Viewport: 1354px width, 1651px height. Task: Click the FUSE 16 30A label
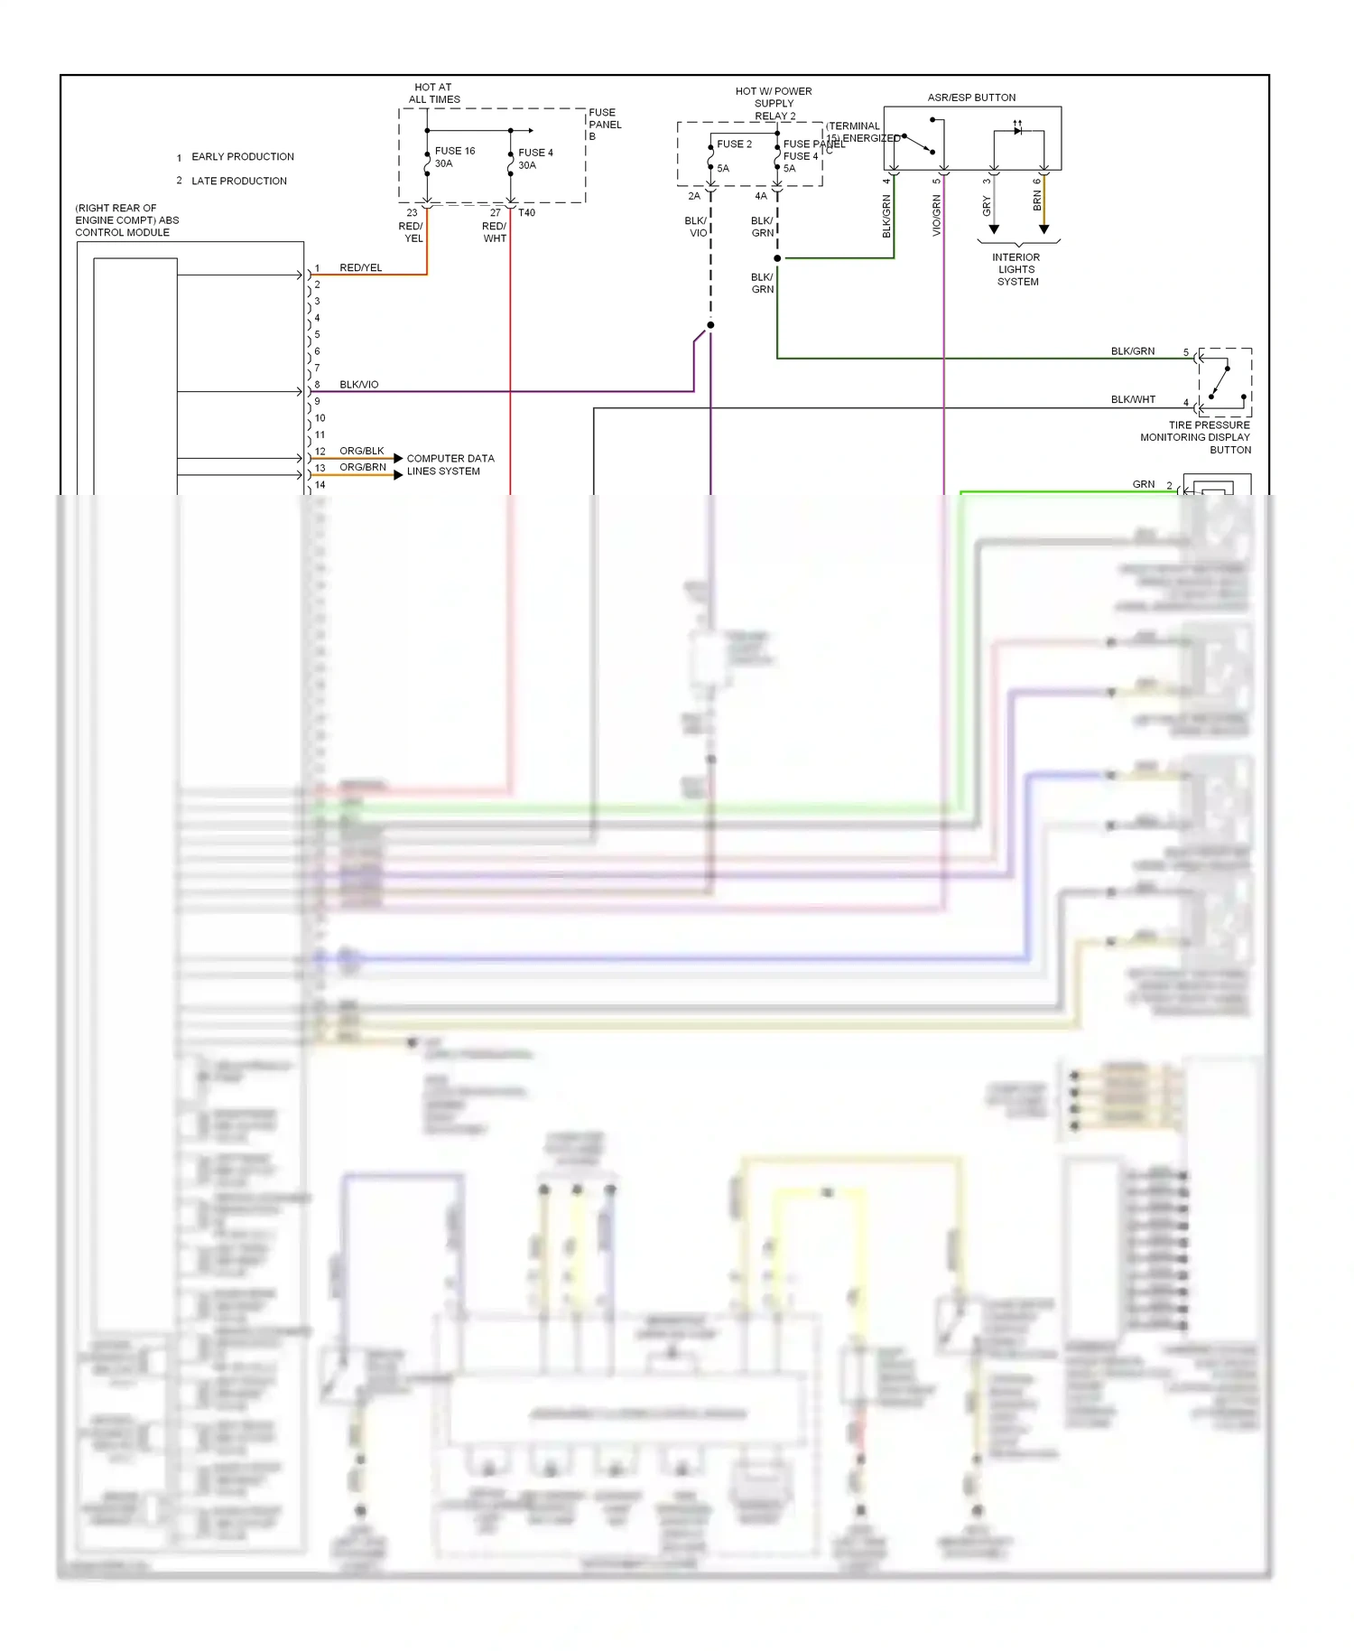(454, 157)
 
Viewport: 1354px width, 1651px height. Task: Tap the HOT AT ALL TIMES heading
(434, 94)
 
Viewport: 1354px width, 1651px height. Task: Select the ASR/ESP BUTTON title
(971, 98)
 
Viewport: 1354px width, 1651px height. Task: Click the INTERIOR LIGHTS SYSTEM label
(1016, 269)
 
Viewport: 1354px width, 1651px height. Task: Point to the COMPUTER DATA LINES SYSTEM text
(450, 464)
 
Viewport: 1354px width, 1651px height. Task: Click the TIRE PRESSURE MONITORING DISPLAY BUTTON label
(1197, 437)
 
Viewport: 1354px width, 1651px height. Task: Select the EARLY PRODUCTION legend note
(242, 157)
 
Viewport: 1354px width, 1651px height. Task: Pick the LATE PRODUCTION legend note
(238, 182)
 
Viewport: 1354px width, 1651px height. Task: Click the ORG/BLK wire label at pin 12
(361, 451)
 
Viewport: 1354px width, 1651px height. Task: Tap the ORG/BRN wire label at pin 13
(362, 467)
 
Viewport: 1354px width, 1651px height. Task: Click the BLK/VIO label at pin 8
(358, 385)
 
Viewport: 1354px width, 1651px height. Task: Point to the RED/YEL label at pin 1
(360, 268)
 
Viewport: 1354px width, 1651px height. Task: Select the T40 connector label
(526, 213)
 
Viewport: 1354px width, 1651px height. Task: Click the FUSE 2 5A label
(733, 155)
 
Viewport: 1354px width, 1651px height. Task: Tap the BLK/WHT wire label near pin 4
(1132, 399)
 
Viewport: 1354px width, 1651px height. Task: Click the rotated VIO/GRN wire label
(936, 216)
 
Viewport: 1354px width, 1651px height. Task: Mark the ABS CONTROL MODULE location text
(126, 220)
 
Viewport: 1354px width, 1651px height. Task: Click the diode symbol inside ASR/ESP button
(1018, 131)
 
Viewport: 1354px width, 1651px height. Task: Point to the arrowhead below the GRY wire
(994, 229)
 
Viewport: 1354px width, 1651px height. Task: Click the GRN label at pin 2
(1143, 484)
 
